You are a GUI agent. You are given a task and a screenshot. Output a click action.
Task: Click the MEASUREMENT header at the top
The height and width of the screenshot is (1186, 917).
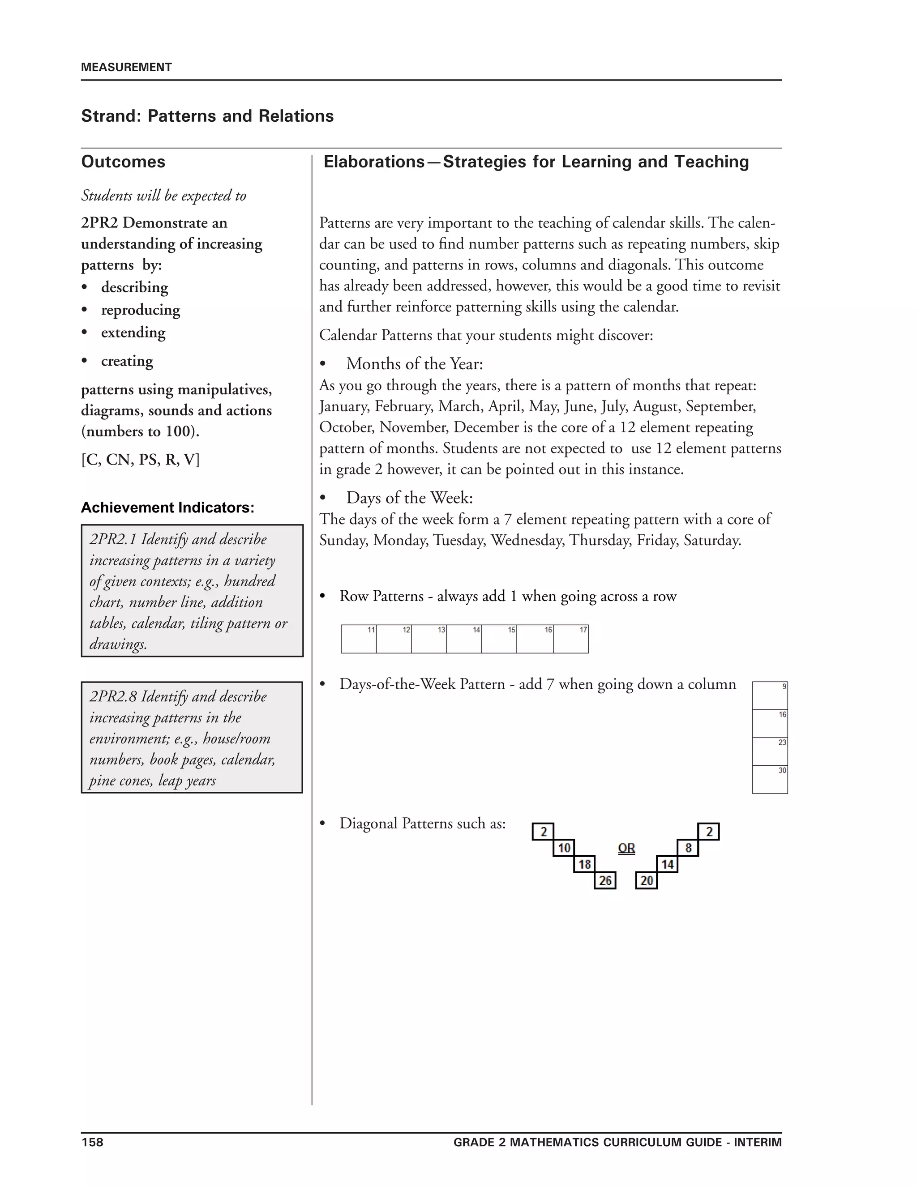126,67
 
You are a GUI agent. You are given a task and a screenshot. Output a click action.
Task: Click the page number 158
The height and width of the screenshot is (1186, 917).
92,1142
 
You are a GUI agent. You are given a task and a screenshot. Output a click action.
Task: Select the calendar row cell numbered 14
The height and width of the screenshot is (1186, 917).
463,639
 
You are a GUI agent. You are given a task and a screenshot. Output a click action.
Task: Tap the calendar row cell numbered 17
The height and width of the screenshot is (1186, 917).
570,639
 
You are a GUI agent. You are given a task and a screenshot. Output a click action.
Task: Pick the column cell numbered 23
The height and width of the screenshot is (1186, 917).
770,751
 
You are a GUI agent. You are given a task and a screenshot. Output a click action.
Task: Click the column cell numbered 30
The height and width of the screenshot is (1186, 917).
770,779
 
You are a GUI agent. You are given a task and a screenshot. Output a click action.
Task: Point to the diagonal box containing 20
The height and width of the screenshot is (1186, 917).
647,880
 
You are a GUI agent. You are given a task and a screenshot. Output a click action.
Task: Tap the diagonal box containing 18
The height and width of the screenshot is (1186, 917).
584,864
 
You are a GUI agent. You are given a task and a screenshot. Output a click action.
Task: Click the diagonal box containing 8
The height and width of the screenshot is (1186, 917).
688,848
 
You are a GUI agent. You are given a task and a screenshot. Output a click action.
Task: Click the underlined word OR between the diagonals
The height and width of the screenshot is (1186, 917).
626,848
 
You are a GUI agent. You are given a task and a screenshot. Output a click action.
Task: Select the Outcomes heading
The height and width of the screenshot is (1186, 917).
123,162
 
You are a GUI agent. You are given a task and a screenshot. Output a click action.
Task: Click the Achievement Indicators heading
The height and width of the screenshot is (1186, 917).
167,508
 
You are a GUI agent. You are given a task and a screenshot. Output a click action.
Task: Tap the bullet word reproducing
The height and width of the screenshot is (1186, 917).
141,310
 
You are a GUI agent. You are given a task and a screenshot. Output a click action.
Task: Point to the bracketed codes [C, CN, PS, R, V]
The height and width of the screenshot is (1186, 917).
141,460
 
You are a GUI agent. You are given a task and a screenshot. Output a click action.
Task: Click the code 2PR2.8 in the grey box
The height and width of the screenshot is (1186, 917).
112,697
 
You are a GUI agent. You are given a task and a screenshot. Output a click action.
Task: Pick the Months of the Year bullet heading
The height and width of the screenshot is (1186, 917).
415,364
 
